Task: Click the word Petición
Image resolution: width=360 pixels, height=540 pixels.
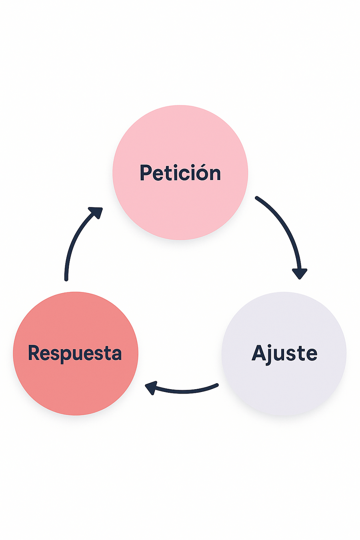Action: tap(180, 173)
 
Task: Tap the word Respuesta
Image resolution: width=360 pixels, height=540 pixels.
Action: tap(75, 353)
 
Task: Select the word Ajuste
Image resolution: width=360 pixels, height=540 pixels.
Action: tap(284, 353)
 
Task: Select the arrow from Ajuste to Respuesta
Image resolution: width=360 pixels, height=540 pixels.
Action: tap(184, 391)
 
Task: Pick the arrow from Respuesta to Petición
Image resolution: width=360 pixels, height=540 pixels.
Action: tap(74, 240)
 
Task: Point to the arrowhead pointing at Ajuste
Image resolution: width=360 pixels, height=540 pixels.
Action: tap(300, 274)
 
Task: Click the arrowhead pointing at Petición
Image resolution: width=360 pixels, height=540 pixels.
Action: tap(97, 212)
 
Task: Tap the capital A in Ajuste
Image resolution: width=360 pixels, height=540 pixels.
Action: tap(259, 353)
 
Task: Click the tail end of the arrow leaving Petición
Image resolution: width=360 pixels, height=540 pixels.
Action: tap(257, 198)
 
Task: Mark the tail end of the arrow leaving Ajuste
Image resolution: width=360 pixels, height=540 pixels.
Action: tap(217, 385)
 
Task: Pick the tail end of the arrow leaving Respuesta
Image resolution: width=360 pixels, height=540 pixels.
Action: tap(66, 279)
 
